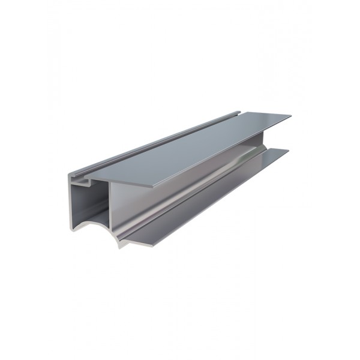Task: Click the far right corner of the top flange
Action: click(290, 115)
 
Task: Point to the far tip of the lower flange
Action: click(288, 150)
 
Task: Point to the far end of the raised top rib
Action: click(239, 112)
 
